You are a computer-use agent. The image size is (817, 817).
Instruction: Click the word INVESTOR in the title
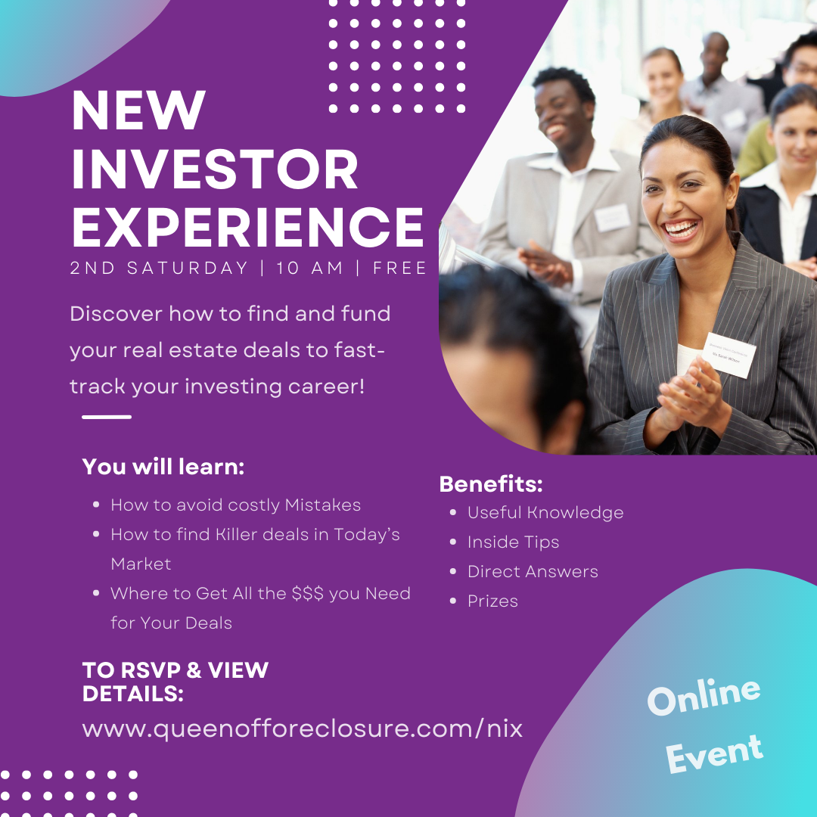(x=215, y=169)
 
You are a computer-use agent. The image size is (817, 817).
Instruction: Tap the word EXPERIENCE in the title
(x=247, y=227)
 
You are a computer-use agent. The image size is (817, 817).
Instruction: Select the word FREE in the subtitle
(x=399, y=268)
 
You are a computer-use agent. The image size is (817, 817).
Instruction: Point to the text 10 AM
(x=309, y=268)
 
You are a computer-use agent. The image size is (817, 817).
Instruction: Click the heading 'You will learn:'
(x=163, y=467)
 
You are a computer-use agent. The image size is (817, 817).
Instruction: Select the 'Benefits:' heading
(x=491, y=484)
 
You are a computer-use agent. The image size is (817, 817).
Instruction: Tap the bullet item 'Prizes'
(x=492, y=601)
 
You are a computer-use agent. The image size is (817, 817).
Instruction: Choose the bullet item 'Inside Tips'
(x=513, y=542)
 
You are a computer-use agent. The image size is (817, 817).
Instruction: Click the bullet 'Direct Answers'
(x=533, y=572)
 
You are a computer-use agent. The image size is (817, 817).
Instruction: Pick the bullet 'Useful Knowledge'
(x=545, y=513)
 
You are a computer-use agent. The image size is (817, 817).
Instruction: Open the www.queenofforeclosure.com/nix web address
(x=302, y=728)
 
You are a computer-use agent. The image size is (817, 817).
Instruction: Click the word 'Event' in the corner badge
(x=714, y=753)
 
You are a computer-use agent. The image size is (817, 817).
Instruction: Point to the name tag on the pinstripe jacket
(x=729, y=355)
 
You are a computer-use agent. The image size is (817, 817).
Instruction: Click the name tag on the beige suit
(x=612, y=217)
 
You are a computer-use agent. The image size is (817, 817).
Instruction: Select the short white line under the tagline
(x=107, y=417)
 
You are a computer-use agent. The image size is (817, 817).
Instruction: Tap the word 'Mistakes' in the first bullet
(x=322, y=505)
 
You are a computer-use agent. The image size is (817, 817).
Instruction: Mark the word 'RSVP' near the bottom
(x=151, y=670)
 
